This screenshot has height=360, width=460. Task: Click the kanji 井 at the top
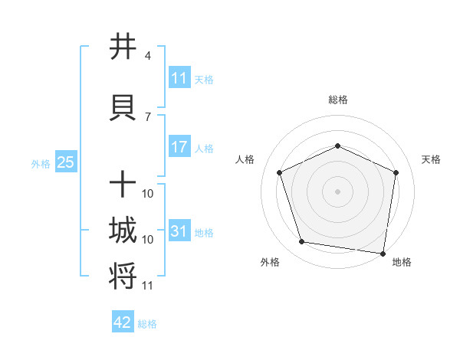[123, 46]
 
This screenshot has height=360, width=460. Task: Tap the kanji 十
[123, 185]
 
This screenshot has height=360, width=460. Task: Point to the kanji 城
[123, 231]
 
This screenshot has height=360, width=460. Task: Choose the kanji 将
[123, 277]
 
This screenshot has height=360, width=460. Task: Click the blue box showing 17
[179, 146]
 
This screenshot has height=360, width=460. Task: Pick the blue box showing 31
[179, 231]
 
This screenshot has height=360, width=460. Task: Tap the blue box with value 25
[65, 162]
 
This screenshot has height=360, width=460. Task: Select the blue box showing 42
[123, 322]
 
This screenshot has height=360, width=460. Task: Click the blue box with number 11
[179, 78]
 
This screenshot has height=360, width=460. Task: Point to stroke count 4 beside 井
[147, 56]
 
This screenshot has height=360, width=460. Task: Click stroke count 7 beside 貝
[147, 117]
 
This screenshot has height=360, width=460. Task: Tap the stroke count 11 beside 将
[147, 286]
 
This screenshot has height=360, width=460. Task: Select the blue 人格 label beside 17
[204, 148]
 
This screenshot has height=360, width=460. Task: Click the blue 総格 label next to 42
[147, 324]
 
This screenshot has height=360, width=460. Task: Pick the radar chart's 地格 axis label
[402, 263]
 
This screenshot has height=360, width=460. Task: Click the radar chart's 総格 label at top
[337, 100]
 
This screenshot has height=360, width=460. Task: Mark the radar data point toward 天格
[396, 172]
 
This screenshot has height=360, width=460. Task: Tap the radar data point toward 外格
[302, 242]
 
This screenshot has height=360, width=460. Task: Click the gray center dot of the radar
[337, 191]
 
